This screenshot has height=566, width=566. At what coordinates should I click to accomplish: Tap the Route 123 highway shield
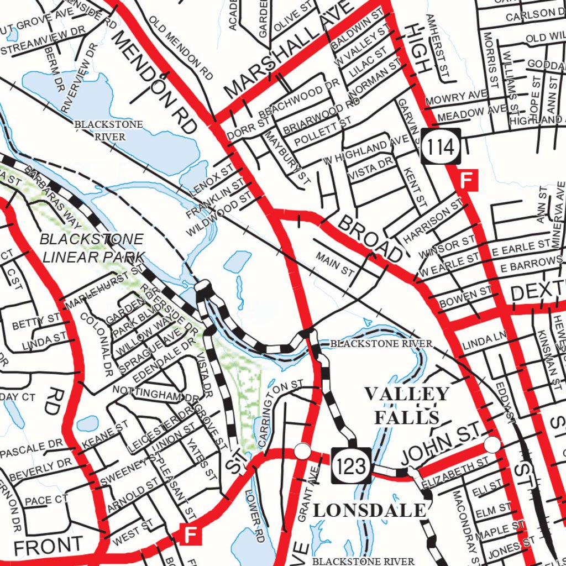352,465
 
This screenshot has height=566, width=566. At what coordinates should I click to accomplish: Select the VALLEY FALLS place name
406,405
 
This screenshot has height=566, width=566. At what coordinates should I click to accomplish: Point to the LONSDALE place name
370,510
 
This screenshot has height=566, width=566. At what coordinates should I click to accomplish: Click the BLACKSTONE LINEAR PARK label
92,248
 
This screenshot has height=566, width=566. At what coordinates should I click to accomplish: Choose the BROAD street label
369,238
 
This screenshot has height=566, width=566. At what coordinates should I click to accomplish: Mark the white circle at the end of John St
492,444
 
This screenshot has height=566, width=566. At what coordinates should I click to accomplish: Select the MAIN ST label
335,264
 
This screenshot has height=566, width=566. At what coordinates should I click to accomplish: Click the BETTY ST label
36,320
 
